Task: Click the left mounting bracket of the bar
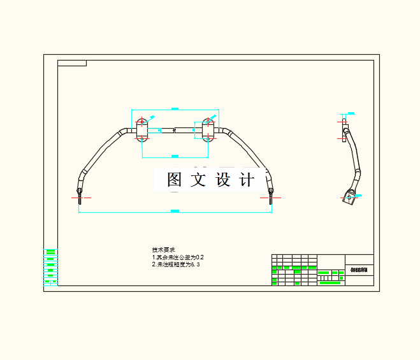pyautogui.click(x=141, y=130)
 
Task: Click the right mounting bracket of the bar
pyautogui.click(x=208, y=130)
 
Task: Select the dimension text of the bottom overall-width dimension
pyautogui.click(x=175, y=211)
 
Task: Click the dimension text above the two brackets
pyautogui.click(x=175, y=109)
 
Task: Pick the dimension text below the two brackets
pyautogui.click(x=175, y=155)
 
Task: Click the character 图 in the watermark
pyautogui.click(x=175, y=180)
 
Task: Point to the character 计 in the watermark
pyautogui.click(x=247, y=180)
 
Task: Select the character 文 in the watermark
pyautogui.click(x=198, y=180)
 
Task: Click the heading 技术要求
pyautogui.click(x=163, y=249)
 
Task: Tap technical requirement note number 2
pyautogui.click(x=176, y=264)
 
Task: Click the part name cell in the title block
pyautogui.click(x=359, y=270)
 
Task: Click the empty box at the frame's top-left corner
pyautogui.click(x=71, y=63)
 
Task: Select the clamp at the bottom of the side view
pyautogui.click(x=349, y=196)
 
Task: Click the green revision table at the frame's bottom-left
pyautogui.click(x=50, y=266)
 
